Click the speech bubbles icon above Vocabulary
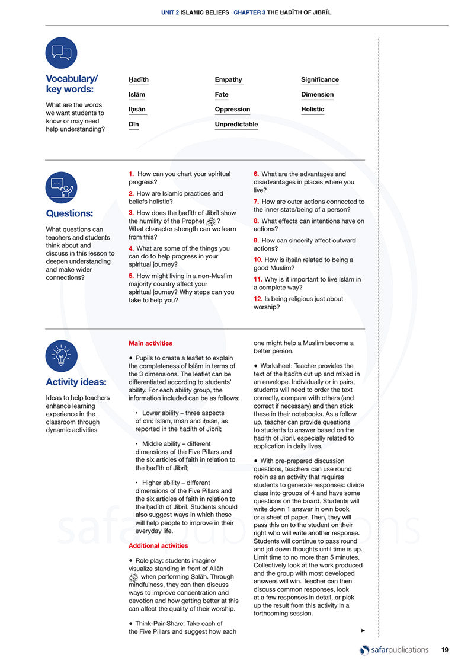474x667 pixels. click(x=61, y=53)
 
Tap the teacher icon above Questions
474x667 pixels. click(x=61, y=188)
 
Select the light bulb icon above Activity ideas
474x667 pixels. click(x=61, y=356)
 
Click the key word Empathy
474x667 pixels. click(x=228, y=80)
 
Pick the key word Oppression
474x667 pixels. click(x=232, y=110)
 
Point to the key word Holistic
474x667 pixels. click(x=312, y=110)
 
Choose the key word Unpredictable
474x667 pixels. click(x=236, y=125)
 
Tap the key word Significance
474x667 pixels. click(x=319, y=80)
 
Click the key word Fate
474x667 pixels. click(x=221, y=95)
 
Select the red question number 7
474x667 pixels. click(x=256, y=202)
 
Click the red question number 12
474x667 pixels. click(x=258, y=299)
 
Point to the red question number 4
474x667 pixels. click(x=131, y=248)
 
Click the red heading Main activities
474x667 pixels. click(x=150, y=343)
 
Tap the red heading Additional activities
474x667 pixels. click(x=158, y=545)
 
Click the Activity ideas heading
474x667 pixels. click(x=76, y=382)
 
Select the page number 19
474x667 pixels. click(x=444, y=650)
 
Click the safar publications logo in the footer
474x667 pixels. click(x=394, y=650)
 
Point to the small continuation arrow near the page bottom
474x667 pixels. click(x=363, y=630)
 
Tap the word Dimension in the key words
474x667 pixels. click(x=317, y=95)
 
